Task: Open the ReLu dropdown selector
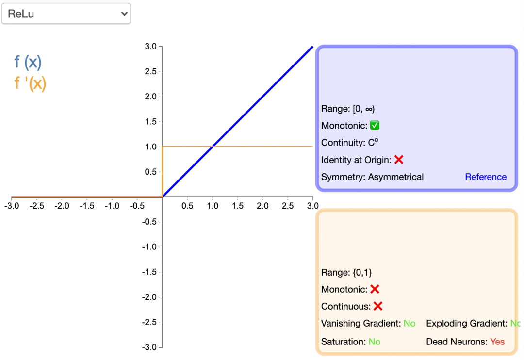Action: point(66,14)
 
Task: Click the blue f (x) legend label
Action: point(28,62)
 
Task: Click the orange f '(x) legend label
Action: point(30,83)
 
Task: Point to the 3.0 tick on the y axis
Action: point(150,47)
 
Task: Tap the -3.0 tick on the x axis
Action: point(12,206)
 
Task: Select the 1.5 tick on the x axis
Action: point(238,206)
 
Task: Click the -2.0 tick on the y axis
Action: point(149,297)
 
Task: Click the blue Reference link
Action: point(486,177)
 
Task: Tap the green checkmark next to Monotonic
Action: point(375,126)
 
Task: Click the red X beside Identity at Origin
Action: point(399,160)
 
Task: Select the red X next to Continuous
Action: point(378,306)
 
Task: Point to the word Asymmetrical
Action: point(396,177)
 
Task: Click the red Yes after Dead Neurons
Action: point(497,342)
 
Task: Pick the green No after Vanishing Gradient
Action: point(409,324)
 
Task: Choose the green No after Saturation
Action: point(374,342)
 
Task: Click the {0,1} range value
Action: point(362,273)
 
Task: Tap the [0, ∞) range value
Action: point(363,109)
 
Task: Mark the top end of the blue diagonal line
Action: point(312,47)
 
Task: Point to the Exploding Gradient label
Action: point(466,324)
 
